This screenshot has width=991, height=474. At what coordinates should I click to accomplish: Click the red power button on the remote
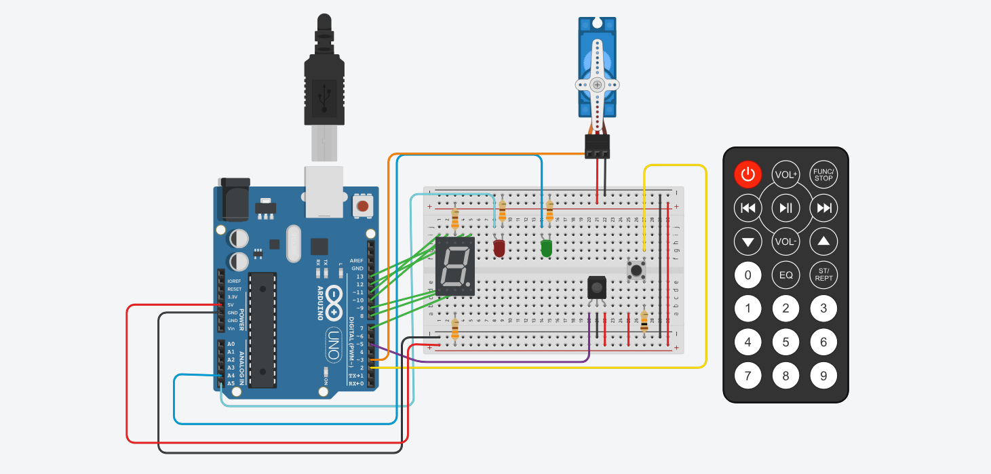[747, 175]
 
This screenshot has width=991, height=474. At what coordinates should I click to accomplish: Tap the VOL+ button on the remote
[785, 175]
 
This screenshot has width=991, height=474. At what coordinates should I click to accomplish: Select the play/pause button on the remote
[785, 208]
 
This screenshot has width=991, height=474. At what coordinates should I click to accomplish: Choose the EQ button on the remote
[785, 275]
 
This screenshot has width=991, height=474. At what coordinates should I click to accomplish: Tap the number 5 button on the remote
[785, 342]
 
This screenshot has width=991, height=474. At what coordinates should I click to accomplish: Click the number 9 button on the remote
[823, 375]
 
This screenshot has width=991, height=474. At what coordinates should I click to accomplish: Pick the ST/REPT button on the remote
[823, 275]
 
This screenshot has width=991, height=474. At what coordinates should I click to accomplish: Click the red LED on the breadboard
[499, 248]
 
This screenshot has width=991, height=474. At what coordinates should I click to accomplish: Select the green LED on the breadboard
[546, 248]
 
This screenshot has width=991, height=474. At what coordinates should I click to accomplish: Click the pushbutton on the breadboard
[636, 271]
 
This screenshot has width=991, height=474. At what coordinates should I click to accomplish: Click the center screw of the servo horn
[597, 85]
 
